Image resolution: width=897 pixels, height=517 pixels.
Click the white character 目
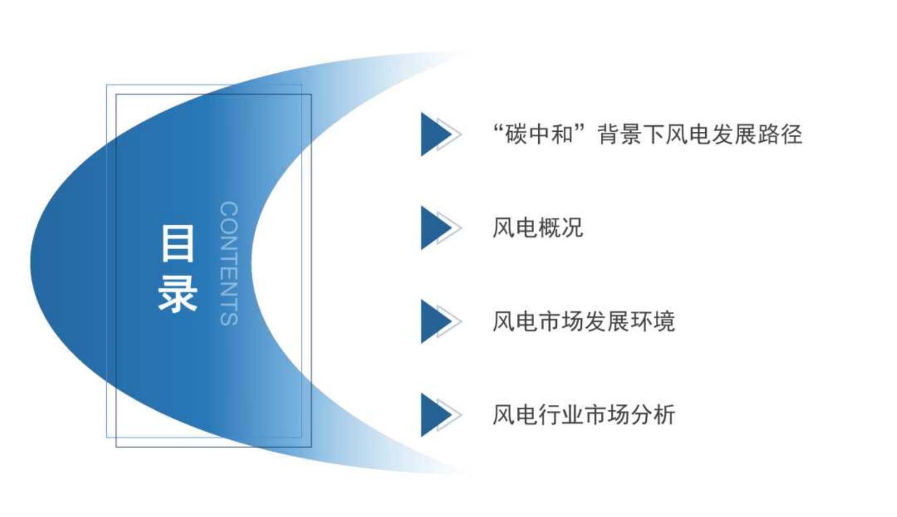pyautogui.click(x=178, y=243)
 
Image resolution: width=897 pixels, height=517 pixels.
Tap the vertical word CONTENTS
pyautogui.click(x=230, y=263)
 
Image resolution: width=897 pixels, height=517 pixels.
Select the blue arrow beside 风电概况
pyautogui.click(x=441, y=228)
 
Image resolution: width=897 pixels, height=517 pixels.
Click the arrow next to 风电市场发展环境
pyautogui.click(x=441, y=321)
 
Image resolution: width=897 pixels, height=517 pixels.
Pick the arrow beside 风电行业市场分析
pyautogui.click(x=441, y=415)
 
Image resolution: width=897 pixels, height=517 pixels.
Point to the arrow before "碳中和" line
pyautogui.click(x=441, y=134)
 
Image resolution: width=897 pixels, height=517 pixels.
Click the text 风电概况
pyautogui.click(x=537, y=227)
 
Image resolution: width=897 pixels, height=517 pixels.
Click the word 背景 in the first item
pyautogui.click(x=620, y=134)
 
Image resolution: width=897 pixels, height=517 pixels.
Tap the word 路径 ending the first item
pyautogui.click(x=780, y=134)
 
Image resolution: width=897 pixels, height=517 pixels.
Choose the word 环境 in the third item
pyautogui.click(x=653, y=321)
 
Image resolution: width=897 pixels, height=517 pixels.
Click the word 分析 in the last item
pyautogui.click(x=653, y=414)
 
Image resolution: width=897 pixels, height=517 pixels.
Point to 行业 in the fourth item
pyautogui.click(x=561, y=414)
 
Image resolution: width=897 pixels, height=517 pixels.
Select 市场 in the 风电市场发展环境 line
pyautogui.click(x=561, y=321)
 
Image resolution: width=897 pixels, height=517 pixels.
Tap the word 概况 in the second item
pyautogui.click(x=561, y=227)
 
